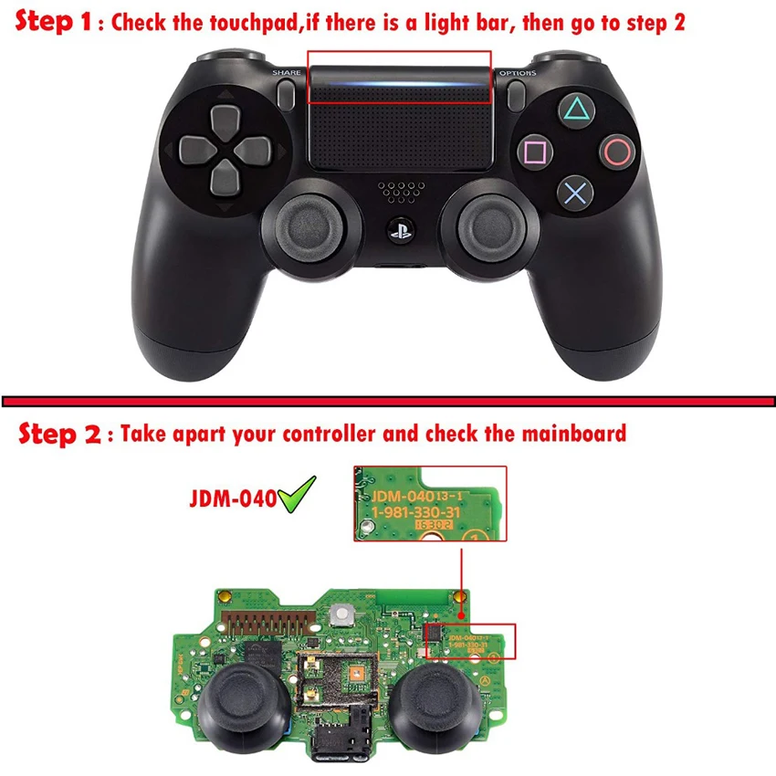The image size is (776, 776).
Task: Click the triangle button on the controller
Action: tap(575, 110)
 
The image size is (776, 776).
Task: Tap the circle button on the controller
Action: tap(617, 151)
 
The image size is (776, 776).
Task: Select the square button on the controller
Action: tap(534, 152)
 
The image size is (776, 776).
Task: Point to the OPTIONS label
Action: tap(517, 72)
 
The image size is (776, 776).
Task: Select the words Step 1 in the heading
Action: tap(55, 22)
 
